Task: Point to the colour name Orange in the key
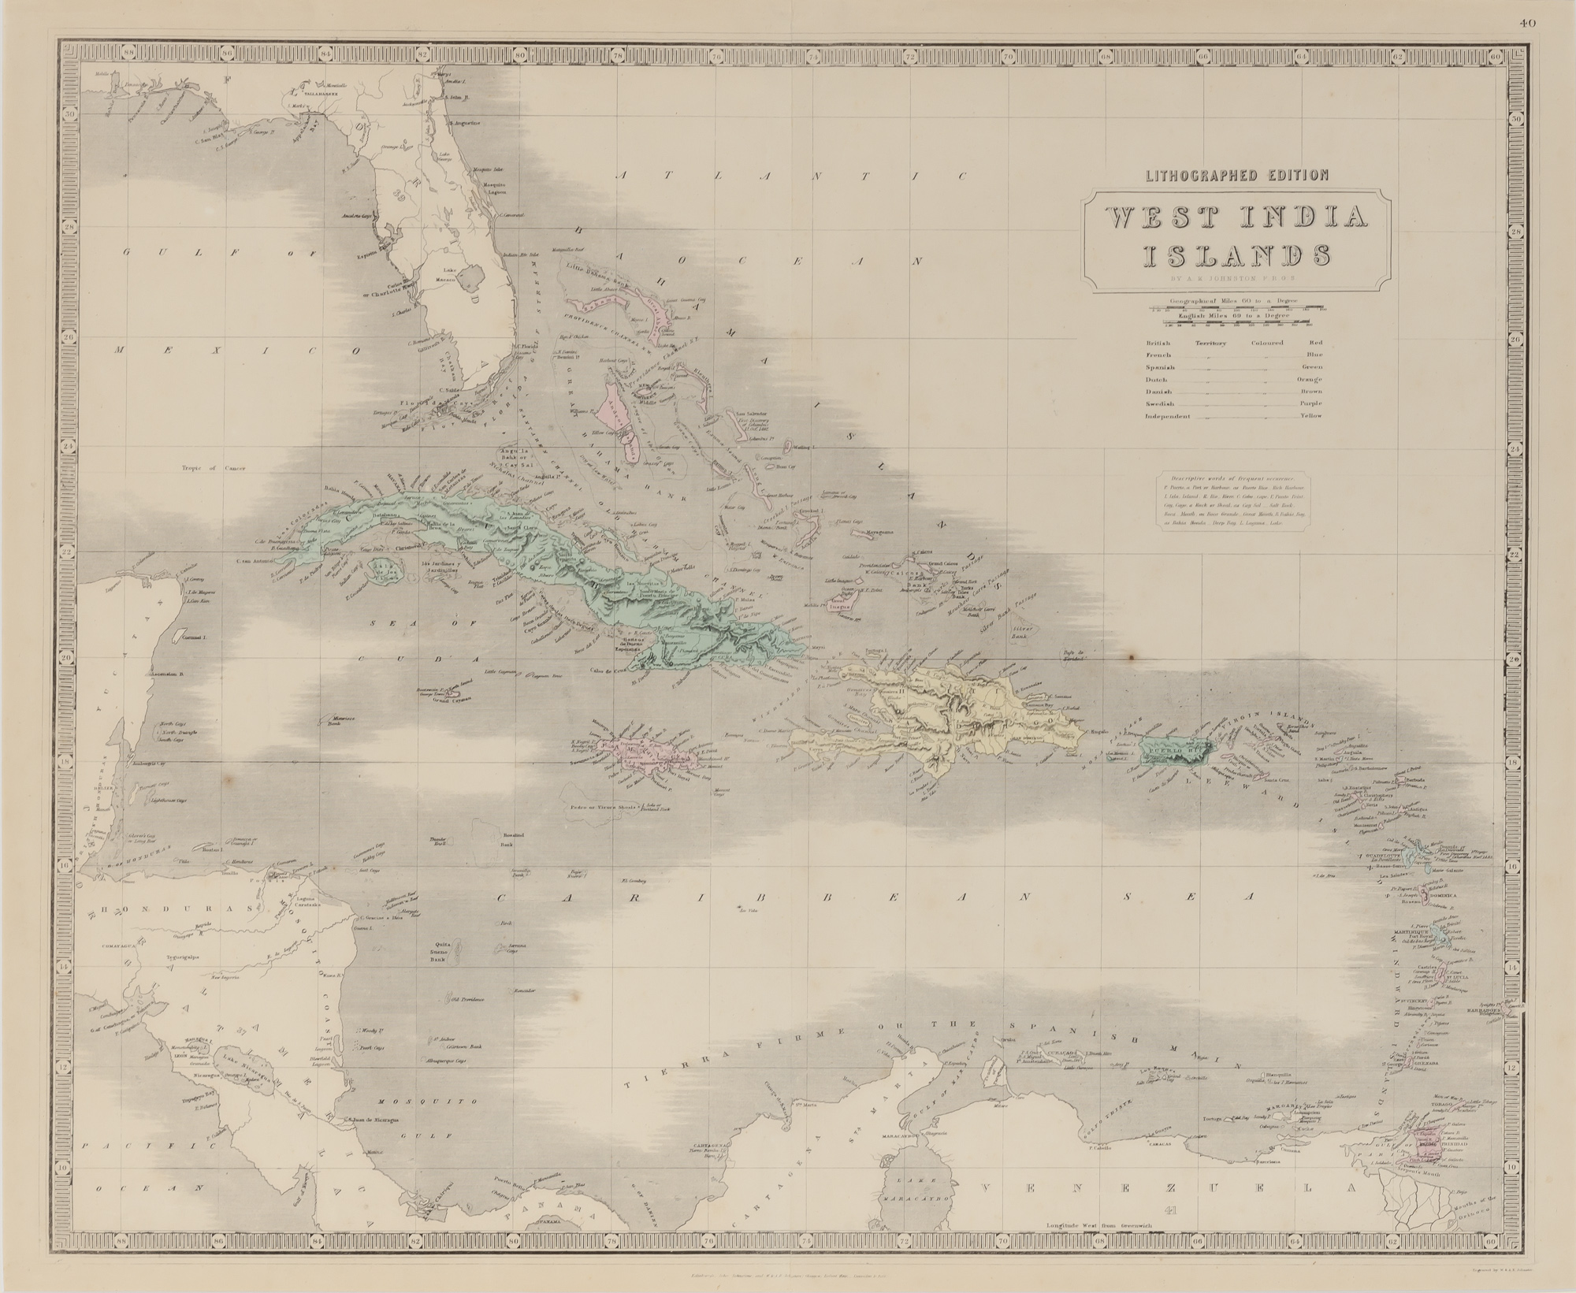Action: click(1309, 379)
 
